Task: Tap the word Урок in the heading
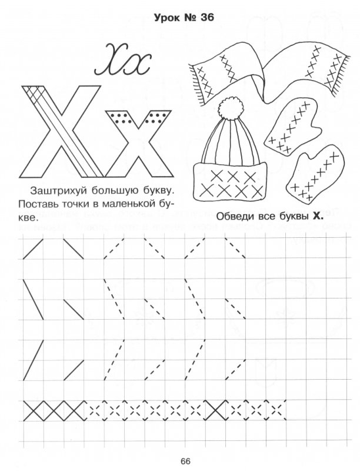[165, 18]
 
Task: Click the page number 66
[185, 461]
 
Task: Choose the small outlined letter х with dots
[139, 144]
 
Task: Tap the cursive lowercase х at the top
[139, 65]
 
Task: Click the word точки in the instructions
[72, 204]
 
